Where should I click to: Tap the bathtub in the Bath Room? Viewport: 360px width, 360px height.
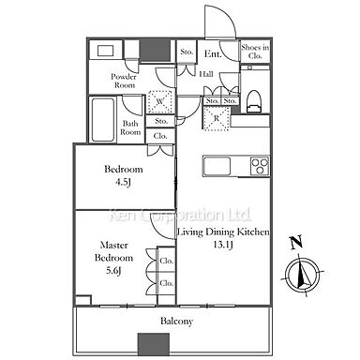point(103,119)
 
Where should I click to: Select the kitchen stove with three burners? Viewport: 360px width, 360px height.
point(260,166)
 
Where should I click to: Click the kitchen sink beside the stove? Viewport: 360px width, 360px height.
point(217,166)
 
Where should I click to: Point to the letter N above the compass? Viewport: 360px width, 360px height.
point(296,243)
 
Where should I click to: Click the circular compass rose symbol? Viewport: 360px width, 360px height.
point(303,275)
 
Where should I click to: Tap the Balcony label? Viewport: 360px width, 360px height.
point(176,322)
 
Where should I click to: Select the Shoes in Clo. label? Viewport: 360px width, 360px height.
point(255,52)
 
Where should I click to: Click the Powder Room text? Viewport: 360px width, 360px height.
point(124,81)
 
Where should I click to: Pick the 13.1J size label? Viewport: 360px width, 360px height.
point(223,245)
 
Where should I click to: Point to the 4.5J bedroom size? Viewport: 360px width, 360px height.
point(123,182)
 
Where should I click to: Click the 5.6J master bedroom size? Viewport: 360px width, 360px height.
point(113,270)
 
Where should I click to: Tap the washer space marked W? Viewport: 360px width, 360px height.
point(160,101)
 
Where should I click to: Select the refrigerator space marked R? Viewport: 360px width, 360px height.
point(217,118)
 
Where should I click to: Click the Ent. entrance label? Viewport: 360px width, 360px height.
point(213,53)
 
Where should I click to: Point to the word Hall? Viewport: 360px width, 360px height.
point(206,74)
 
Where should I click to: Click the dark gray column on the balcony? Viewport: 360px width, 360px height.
point(154,344)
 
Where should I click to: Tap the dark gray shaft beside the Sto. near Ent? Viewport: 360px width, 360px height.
point(155,50)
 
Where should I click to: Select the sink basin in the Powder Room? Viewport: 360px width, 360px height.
point(105,51)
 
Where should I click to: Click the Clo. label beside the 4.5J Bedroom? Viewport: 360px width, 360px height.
point(160,136)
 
